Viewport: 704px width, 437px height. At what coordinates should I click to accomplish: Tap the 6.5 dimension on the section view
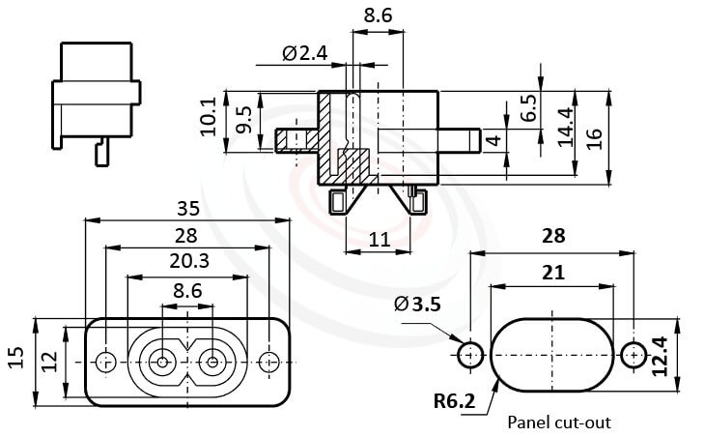pyautogui.click(x=529, y=106)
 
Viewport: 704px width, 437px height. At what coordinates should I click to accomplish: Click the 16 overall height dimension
pyautogui.click(x=595, y=138)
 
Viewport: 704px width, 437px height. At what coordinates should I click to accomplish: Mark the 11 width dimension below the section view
pyautogui.click(x=378, y=238)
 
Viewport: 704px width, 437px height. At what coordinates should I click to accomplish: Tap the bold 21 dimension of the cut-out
pyautogui.click(x=552, y=274)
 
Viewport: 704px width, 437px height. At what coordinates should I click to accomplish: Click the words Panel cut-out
pyautogui.click(x=558, y=423)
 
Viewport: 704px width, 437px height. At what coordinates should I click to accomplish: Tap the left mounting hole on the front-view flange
pyautogui.click(x=105, y=362)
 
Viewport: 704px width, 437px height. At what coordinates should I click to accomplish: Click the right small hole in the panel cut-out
pyautogui.click(x=634, y=355)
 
